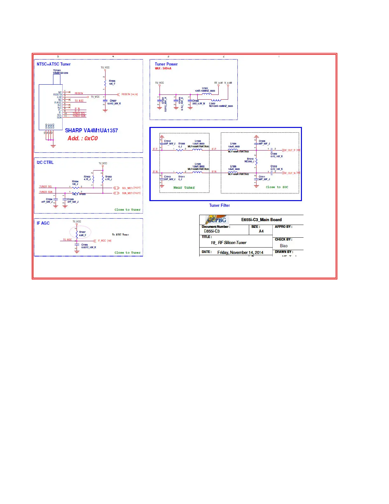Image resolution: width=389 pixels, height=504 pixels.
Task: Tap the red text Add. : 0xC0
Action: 83,138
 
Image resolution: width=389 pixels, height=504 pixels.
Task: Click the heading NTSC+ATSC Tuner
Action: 53,64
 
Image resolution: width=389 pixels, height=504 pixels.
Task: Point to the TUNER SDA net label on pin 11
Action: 79,116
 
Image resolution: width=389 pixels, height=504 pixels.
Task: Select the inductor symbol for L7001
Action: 207,94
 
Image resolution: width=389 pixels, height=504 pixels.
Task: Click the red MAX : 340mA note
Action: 163,68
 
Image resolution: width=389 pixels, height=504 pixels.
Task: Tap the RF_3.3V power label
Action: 218,83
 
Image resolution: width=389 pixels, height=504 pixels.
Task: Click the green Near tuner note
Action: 184,188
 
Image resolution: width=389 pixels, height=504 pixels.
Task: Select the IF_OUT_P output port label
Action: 290,150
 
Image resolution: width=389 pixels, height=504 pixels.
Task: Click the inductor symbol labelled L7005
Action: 197,172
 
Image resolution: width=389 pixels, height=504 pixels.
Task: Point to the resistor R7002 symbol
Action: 93,179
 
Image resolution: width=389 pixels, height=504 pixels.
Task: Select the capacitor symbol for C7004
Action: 56,199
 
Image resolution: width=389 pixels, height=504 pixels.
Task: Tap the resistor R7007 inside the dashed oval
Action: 77,234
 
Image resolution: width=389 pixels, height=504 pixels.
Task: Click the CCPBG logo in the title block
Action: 217,220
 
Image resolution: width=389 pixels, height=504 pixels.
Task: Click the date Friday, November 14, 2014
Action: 240,253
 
